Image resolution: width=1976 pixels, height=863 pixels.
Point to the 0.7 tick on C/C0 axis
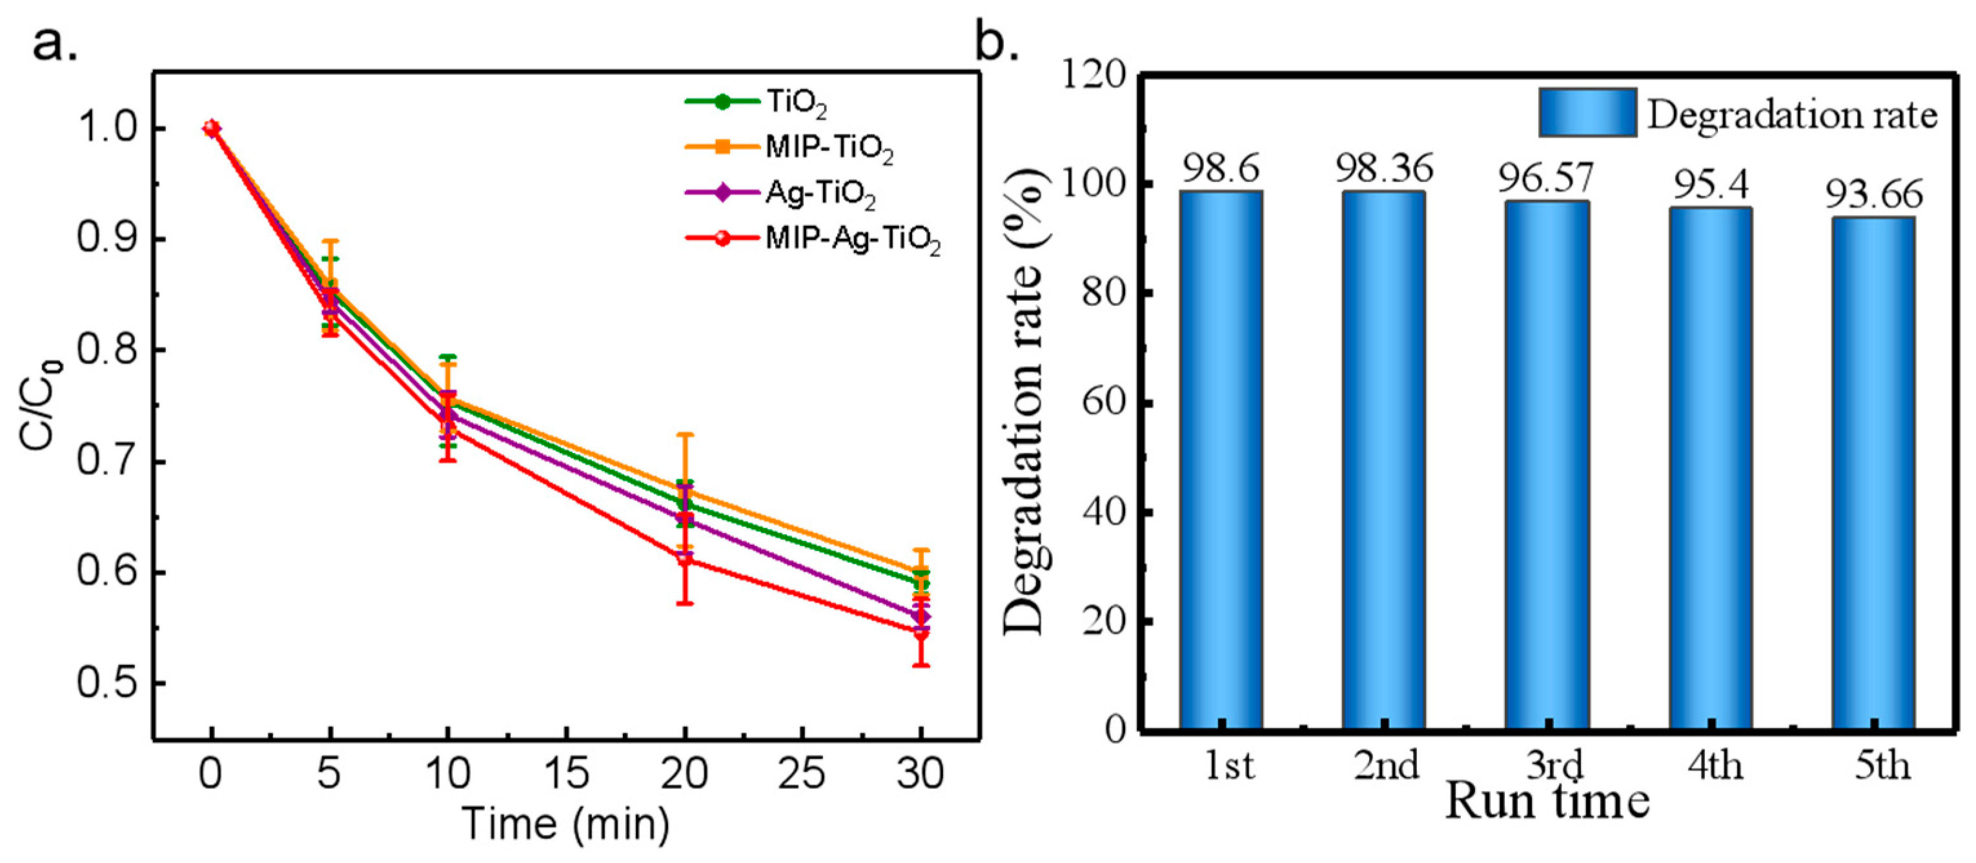[107, 463]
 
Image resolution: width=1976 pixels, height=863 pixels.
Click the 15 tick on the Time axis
[566, 773]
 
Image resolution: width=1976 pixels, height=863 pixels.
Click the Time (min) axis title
[566, 825]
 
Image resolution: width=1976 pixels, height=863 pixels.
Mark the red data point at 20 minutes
[685, 559]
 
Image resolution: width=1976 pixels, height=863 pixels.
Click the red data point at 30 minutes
[921, 633]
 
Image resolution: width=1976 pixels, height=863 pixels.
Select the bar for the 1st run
[1221, 460]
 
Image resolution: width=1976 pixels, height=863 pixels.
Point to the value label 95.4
[1710, 184]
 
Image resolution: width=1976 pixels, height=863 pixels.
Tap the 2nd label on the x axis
[1385, 766]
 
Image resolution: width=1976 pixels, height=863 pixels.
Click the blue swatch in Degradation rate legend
[1587, 113]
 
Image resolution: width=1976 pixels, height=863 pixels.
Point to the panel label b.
[997, 45]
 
